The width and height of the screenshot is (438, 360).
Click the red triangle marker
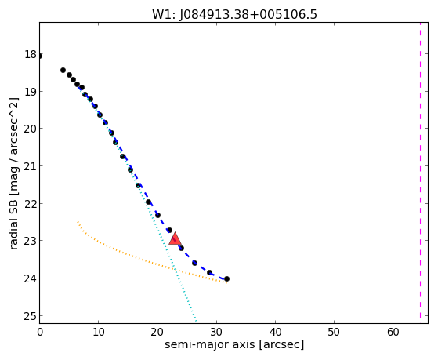click(176, 238)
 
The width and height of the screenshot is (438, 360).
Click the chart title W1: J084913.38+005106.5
click(234, 14)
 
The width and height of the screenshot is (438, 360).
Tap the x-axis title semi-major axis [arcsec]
click(234, 344)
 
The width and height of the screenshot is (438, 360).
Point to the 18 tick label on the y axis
click(31, 54)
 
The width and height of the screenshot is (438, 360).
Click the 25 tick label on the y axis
click(31, 316)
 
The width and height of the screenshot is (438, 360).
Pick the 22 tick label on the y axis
click(31, 204)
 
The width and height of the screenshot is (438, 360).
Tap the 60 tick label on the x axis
click(393, 332)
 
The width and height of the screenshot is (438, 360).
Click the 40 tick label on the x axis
click(275, 332)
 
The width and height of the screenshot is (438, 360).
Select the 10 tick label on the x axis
click(98, 332)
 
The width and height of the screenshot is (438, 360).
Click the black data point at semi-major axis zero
click(40, 56)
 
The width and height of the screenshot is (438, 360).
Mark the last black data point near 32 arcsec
click(226, 279)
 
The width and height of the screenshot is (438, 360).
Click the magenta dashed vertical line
click(420, 173)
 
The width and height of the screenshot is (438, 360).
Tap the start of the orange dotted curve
click(78, 221)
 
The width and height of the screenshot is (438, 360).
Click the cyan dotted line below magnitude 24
click(186, 300)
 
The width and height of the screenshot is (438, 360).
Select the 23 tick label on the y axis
click(31, 241)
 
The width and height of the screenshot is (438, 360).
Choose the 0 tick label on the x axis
click(40, 332)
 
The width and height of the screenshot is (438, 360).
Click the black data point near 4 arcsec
click(63, 70)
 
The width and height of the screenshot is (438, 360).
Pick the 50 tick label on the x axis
click(334, 332)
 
